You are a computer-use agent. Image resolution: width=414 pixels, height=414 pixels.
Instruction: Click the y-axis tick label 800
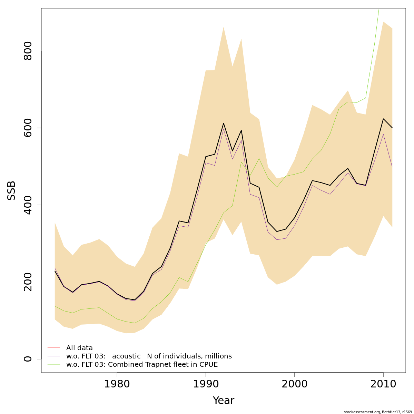(x=28, y=51)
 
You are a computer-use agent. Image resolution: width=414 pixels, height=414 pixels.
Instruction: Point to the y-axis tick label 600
(x=28, y=128)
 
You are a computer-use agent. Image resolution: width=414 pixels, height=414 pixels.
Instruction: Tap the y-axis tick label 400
(x=28, y=205)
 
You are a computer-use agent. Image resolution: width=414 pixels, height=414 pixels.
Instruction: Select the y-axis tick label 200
(x=28, y=282)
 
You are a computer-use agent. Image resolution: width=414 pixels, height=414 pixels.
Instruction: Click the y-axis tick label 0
(x=28, y=359)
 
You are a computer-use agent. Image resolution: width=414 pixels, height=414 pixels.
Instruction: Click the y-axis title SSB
(x=12, y=190)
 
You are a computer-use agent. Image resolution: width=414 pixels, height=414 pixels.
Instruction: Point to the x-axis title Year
(x=224, y=401)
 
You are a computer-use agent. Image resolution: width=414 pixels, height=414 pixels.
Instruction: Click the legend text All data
(x=79, y=348)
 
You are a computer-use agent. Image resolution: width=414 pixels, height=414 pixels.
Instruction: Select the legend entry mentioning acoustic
(x=149, y=356)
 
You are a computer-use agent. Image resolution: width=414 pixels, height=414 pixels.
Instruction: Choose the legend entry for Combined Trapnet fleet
(x=142, y=364)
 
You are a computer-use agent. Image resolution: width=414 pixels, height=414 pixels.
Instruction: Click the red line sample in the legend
(x=54, y=348)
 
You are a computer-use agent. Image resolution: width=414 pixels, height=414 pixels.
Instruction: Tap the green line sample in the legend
(x=54, y=364)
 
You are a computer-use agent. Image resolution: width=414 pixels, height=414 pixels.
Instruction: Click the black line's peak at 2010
(x=383, y=119)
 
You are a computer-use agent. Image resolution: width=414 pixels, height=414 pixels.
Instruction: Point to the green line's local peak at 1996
(x=259, y=159)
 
